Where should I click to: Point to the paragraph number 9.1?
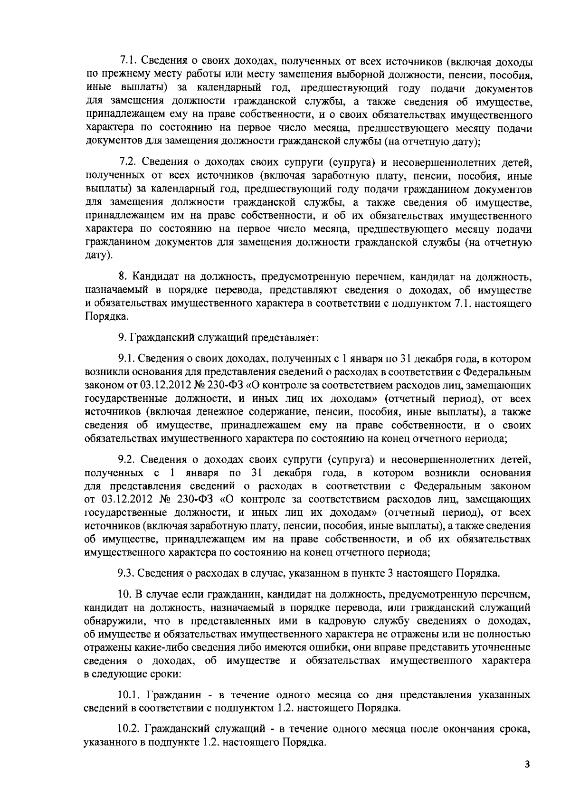pyautogui.click(x=126, y=359)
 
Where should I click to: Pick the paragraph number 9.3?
pyautogui.click(x=126, y=573)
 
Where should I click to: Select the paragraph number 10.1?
pyautogui.click(x=129, y=695)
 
